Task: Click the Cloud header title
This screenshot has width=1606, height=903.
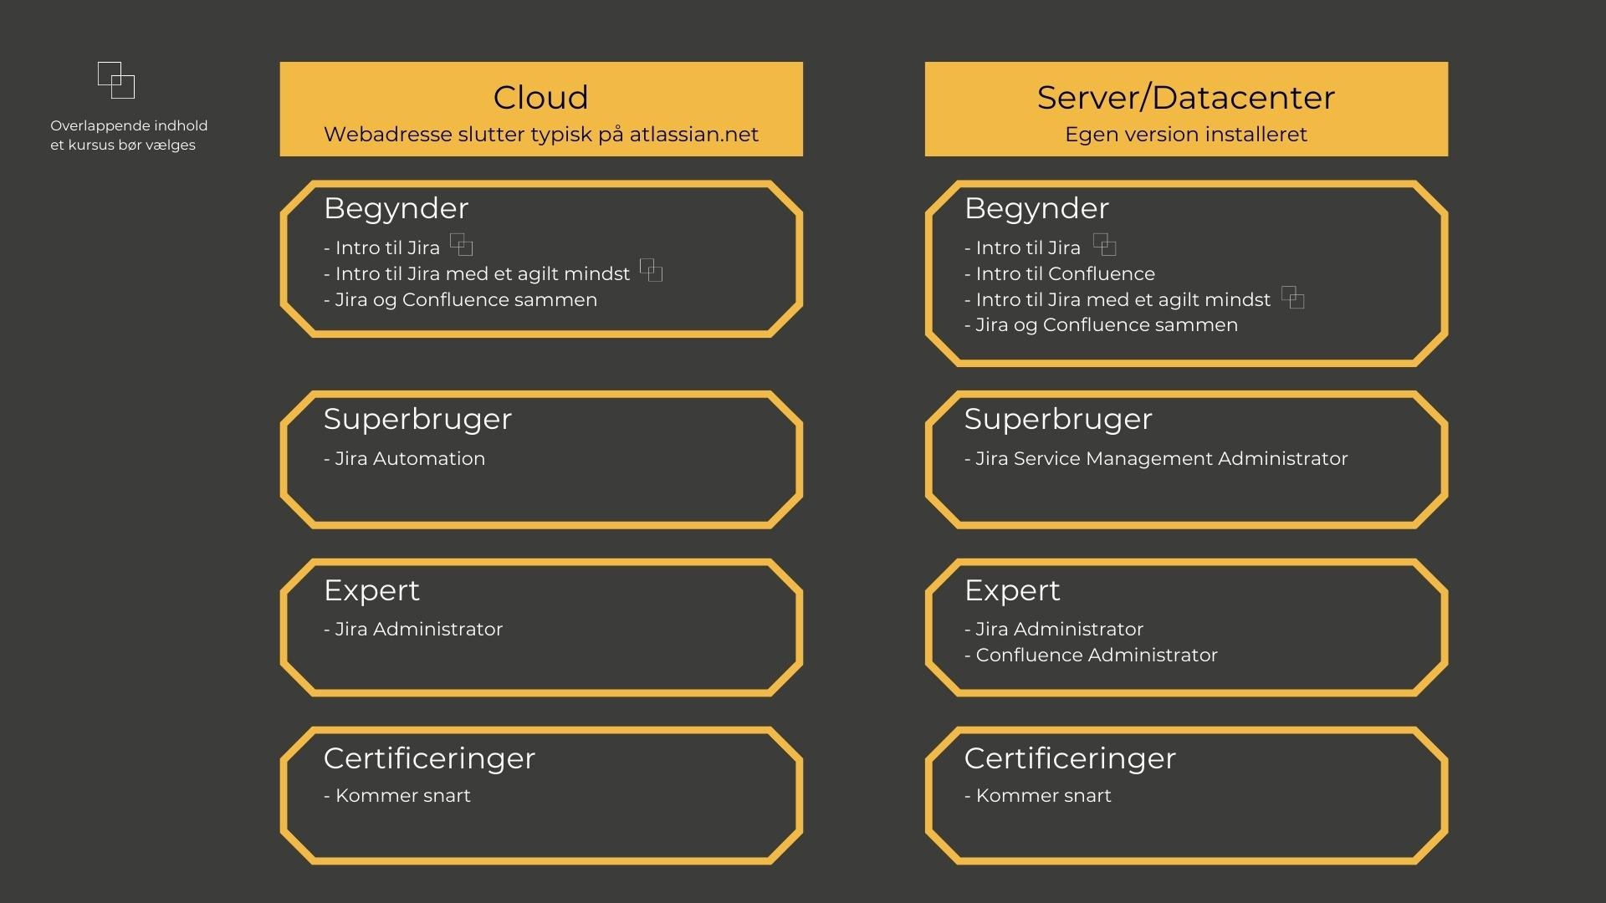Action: coord(540,97)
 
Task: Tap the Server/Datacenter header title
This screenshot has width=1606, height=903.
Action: coord(1185,98)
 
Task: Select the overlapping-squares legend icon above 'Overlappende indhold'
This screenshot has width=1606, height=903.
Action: coord(116,80)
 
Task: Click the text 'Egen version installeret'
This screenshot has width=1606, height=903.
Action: coord(1185,135)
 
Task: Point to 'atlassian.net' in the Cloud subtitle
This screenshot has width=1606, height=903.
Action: coord(693,135)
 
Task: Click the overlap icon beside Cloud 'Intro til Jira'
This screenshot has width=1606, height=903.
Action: coord(462,244)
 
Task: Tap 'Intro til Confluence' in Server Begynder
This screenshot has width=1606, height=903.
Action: coord(1065,273)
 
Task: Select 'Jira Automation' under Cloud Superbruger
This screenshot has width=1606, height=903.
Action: coord(410,458)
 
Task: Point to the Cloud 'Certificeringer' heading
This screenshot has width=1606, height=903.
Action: coord(429,758)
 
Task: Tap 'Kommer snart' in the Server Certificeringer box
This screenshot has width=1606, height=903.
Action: coord(1043,795)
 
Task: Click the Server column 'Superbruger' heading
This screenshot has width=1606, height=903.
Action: coord(1058,419)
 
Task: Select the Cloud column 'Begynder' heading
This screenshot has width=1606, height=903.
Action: coord(396,208)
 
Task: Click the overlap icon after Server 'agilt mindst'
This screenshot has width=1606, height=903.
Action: coord(1293,297)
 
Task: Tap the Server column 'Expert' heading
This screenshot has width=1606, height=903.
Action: coord(1012,590)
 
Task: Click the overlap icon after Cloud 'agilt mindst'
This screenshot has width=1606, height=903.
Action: coord(652,270)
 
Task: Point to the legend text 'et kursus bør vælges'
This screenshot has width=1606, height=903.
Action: coord(123,145)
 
